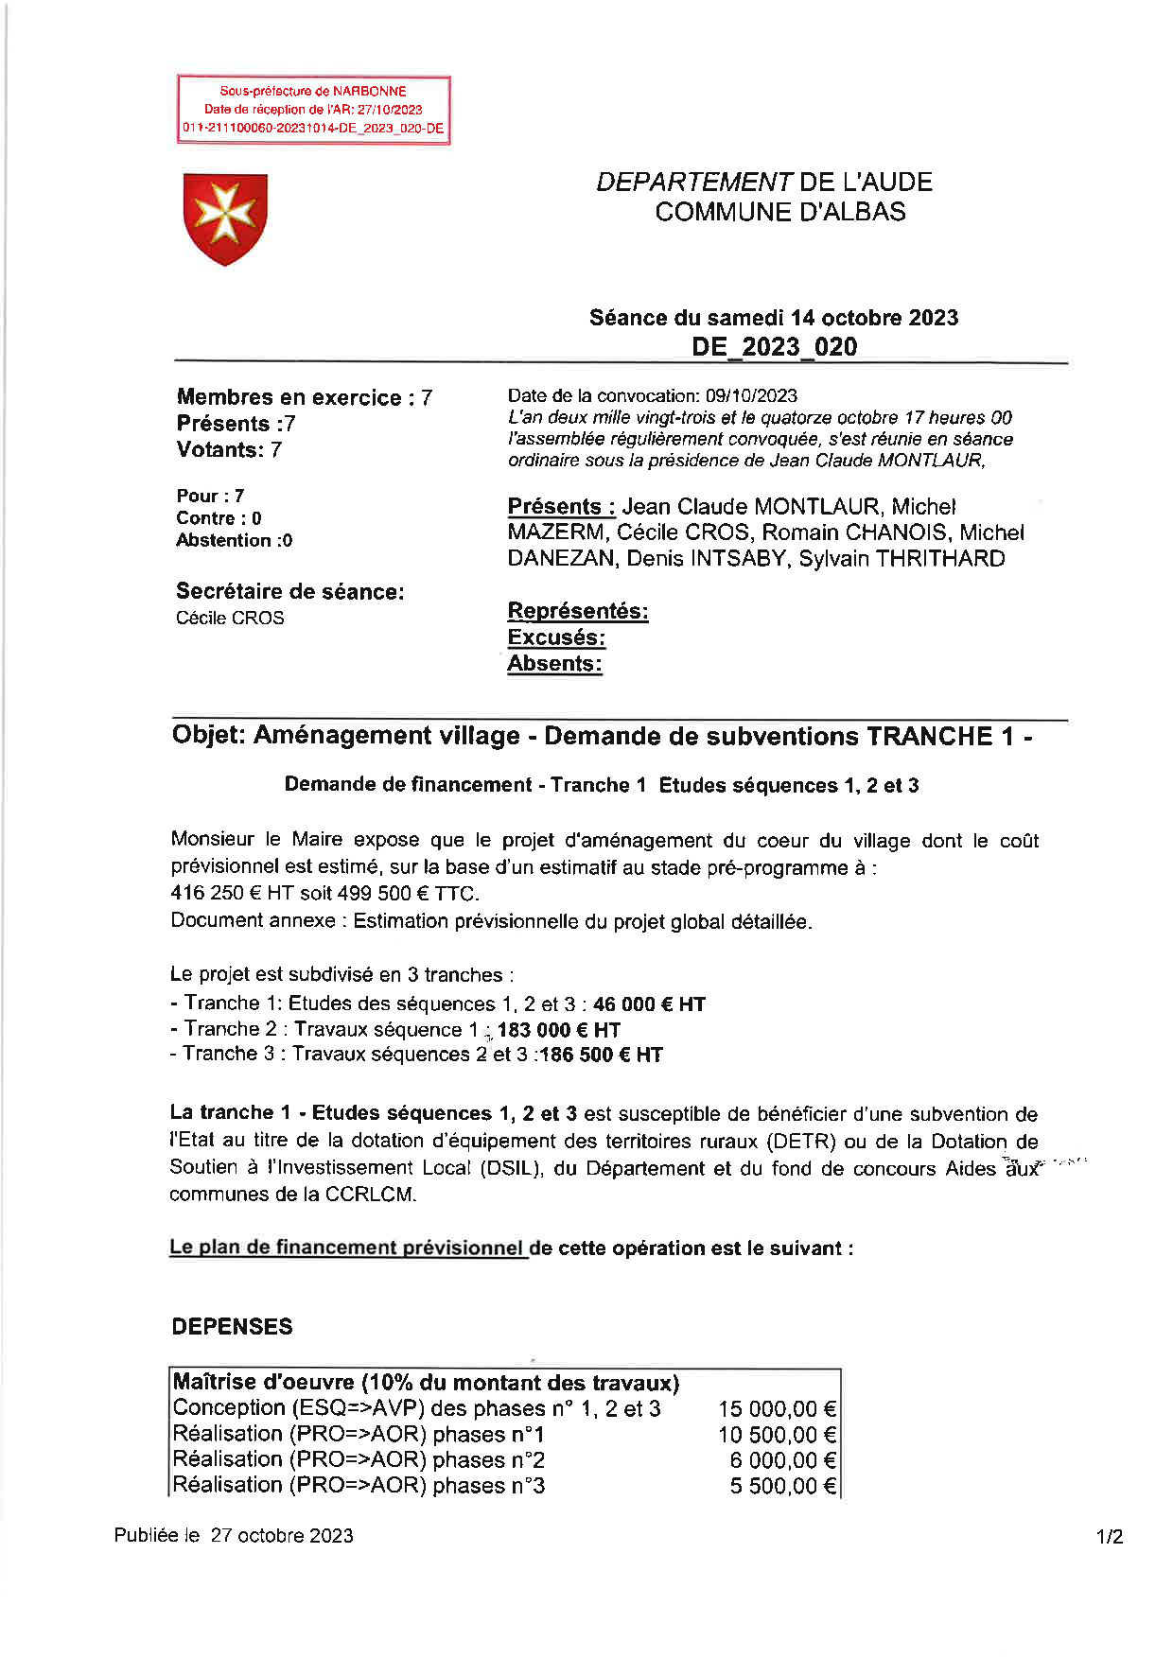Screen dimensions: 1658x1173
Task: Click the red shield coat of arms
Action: tap(225, 218)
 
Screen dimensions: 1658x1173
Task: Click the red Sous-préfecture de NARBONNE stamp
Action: tap(313, 110)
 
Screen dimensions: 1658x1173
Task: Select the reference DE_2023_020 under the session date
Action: tap(774, 347)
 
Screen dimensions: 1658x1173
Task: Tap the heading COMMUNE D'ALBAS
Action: tap(779, 212)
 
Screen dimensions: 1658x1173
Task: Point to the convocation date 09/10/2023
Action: tap(751, 395)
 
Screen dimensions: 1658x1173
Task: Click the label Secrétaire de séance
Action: tap(289, 592)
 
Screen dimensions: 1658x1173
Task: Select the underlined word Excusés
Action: tap(556, 637)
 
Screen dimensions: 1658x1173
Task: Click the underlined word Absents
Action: tap(554, 664)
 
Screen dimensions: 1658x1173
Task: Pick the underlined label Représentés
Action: tap(578, 611)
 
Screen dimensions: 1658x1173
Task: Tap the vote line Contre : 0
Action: tap(219, 518)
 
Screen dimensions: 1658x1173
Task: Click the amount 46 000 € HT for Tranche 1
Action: tap(649, 1004)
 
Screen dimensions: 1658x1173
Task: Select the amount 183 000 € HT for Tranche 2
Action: tap(558, 1030)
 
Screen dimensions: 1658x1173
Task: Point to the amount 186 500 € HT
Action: tap(601, 1055)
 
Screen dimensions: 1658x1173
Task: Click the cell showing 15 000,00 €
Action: tap(777, 1409)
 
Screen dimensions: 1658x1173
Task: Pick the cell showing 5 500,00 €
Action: tap(782, 1486)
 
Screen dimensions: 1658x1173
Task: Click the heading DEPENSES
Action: tap(232, 1327)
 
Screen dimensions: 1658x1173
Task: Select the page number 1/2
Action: tap(1110, 1537)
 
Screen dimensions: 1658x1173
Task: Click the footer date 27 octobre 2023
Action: tap(282, 1536)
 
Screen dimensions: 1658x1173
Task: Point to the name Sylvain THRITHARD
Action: tap(902, 559)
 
